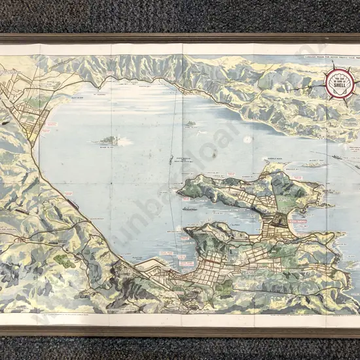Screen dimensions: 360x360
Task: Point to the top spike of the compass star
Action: [338, 64]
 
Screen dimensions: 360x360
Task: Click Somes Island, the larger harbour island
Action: [106, 140]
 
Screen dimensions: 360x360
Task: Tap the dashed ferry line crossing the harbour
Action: [173, 131]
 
